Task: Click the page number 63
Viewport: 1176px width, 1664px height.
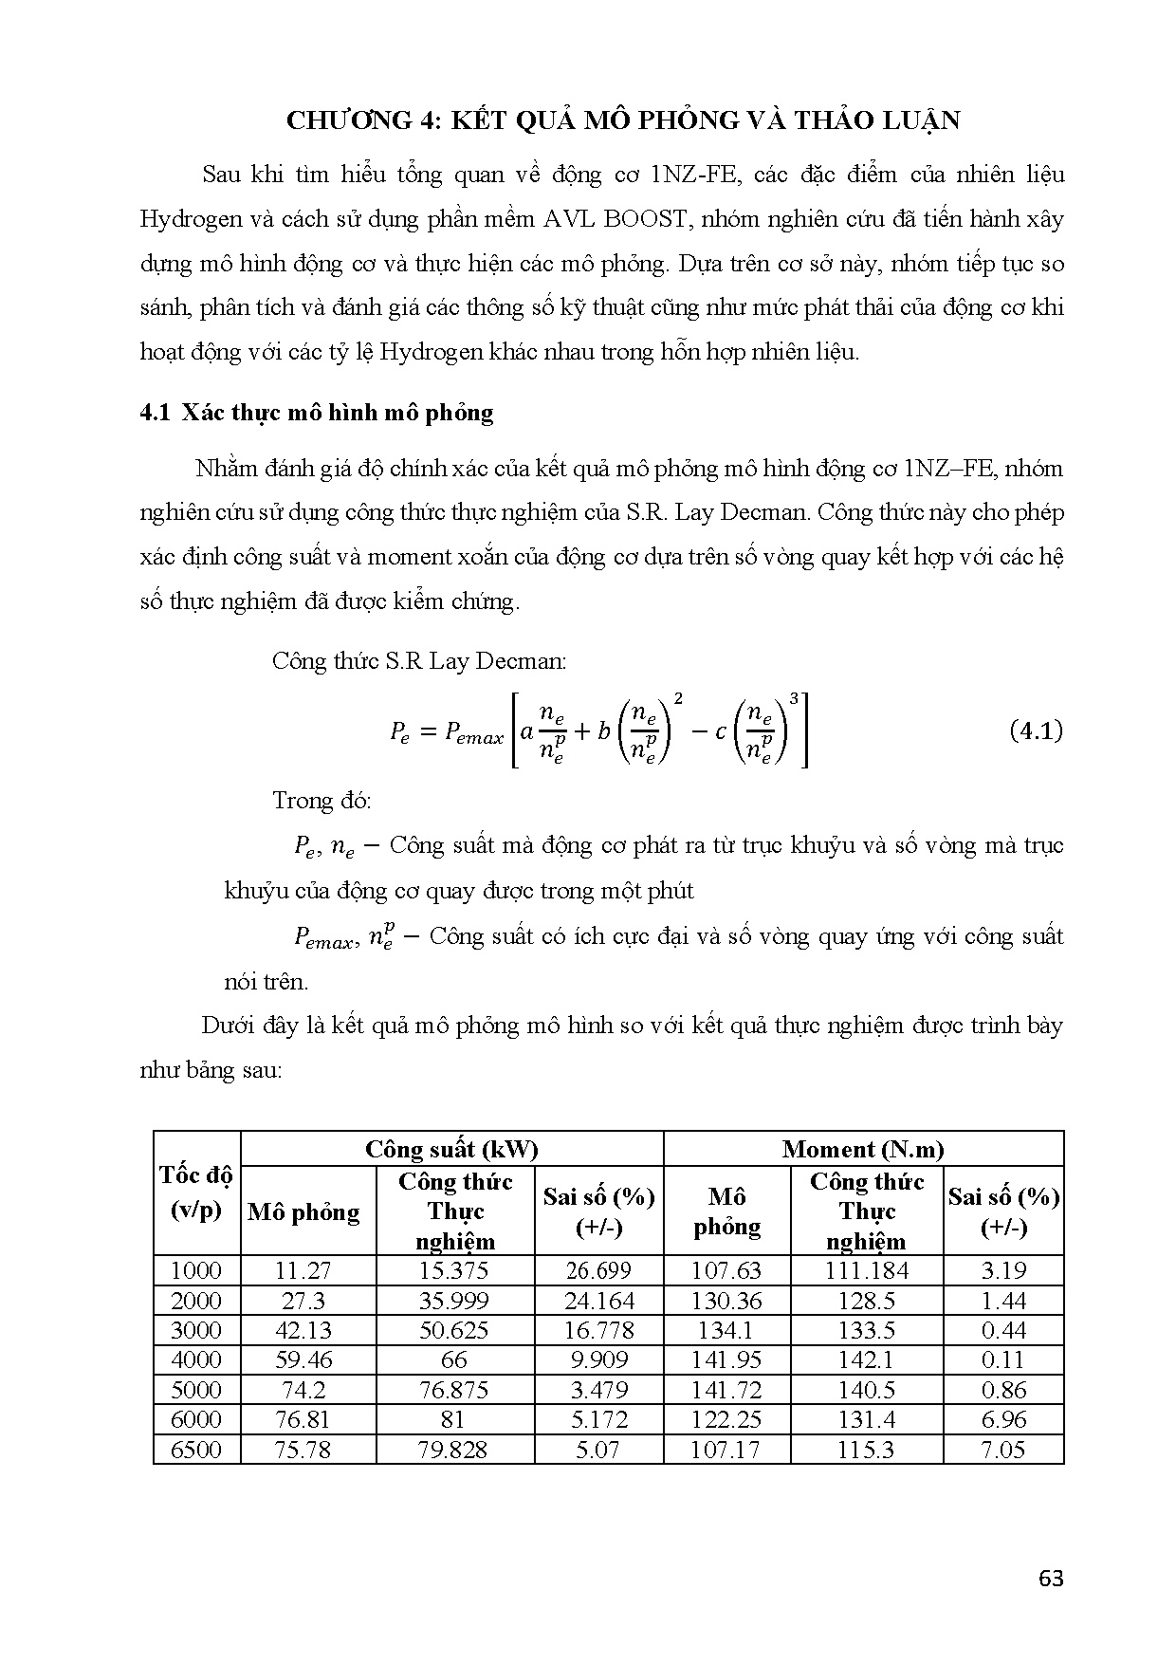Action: click(x=1051, y=1579)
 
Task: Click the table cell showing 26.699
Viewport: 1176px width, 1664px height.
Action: click(x=598, y=1270)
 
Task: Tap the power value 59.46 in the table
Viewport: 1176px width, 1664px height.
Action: click(x=303, y=1359)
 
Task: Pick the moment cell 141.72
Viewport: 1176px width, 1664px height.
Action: click(x=726, y=1390)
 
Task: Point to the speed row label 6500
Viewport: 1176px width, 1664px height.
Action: click(x=196, y=1450)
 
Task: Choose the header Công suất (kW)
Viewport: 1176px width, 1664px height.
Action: click(x=451, y=1150)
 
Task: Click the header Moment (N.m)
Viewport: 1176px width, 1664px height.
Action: click(x=863, y=1150)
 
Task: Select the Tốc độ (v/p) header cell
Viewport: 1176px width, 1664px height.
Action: click(x=196, y=1193)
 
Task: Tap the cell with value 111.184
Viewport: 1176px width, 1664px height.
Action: click(x=867, y=1270)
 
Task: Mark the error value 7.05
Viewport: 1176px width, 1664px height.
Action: click(x=1003, y=1450)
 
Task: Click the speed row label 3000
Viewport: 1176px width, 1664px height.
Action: click(x=196, y=1330)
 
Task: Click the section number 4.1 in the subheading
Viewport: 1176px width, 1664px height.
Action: click(x=154, y=413)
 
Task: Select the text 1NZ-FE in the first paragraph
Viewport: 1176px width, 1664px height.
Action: click(x=698, y=175)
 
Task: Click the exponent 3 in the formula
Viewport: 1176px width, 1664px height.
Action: click(x=794, y=699)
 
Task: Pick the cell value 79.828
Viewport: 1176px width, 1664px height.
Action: click(x=454, y=1450)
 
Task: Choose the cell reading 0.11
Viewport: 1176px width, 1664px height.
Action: click(x=1003, y=1359)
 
